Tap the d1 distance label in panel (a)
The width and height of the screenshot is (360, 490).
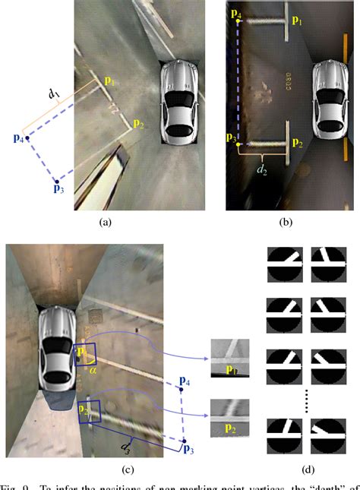point(54,94)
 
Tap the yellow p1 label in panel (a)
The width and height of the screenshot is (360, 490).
point(110,81)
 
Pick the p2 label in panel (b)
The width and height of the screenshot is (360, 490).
point(297,143)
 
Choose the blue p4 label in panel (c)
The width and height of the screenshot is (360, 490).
point(184,379)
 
